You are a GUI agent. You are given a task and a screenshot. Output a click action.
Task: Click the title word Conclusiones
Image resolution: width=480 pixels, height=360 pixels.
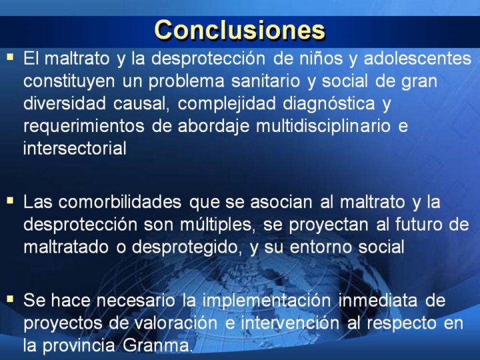click(240, 30)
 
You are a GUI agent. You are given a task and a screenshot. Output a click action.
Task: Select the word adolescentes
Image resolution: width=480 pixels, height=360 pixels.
click(417, 58)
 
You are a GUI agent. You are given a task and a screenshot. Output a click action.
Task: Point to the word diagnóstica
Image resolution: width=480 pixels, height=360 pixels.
click(329, 103)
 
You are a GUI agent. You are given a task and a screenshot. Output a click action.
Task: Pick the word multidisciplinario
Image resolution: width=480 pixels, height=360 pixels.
click(323, 126)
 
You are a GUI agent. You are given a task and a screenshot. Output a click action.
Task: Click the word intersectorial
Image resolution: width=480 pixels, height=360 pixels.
click(75, 149)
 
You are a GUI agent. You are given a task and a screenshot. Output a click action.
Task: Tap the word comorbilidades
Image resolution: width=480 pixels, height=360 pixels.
click(120, 202)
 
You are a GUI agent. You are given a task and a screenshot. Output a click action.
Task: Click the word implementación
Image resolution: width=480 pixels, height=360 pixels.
click(267, 300)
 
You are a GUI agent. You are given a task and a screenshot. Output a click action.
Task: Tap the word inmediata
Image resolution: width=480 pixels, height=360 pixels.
click(378, 300)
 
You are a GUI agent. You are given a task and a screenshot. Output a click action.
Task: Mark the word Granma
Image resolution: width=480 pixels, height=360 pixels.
click(157, 345)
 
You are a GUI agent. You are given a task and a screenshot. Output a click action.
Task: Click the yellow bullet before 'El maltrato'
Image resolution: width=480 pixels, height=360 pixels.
click(11, 57)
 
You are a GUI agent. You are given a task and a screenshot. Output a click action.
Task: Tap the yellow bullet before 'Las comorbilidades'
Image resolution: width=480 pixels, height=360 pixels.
click(11, 201)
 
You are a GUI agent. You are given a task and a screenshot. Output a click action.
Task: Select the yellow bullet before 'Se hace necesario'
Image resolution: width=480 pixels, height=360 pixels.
click(11, 299)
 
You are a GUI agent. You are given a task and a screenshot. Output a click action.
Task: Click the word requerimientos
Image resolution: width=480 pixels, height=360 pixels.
click(84, 126)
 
